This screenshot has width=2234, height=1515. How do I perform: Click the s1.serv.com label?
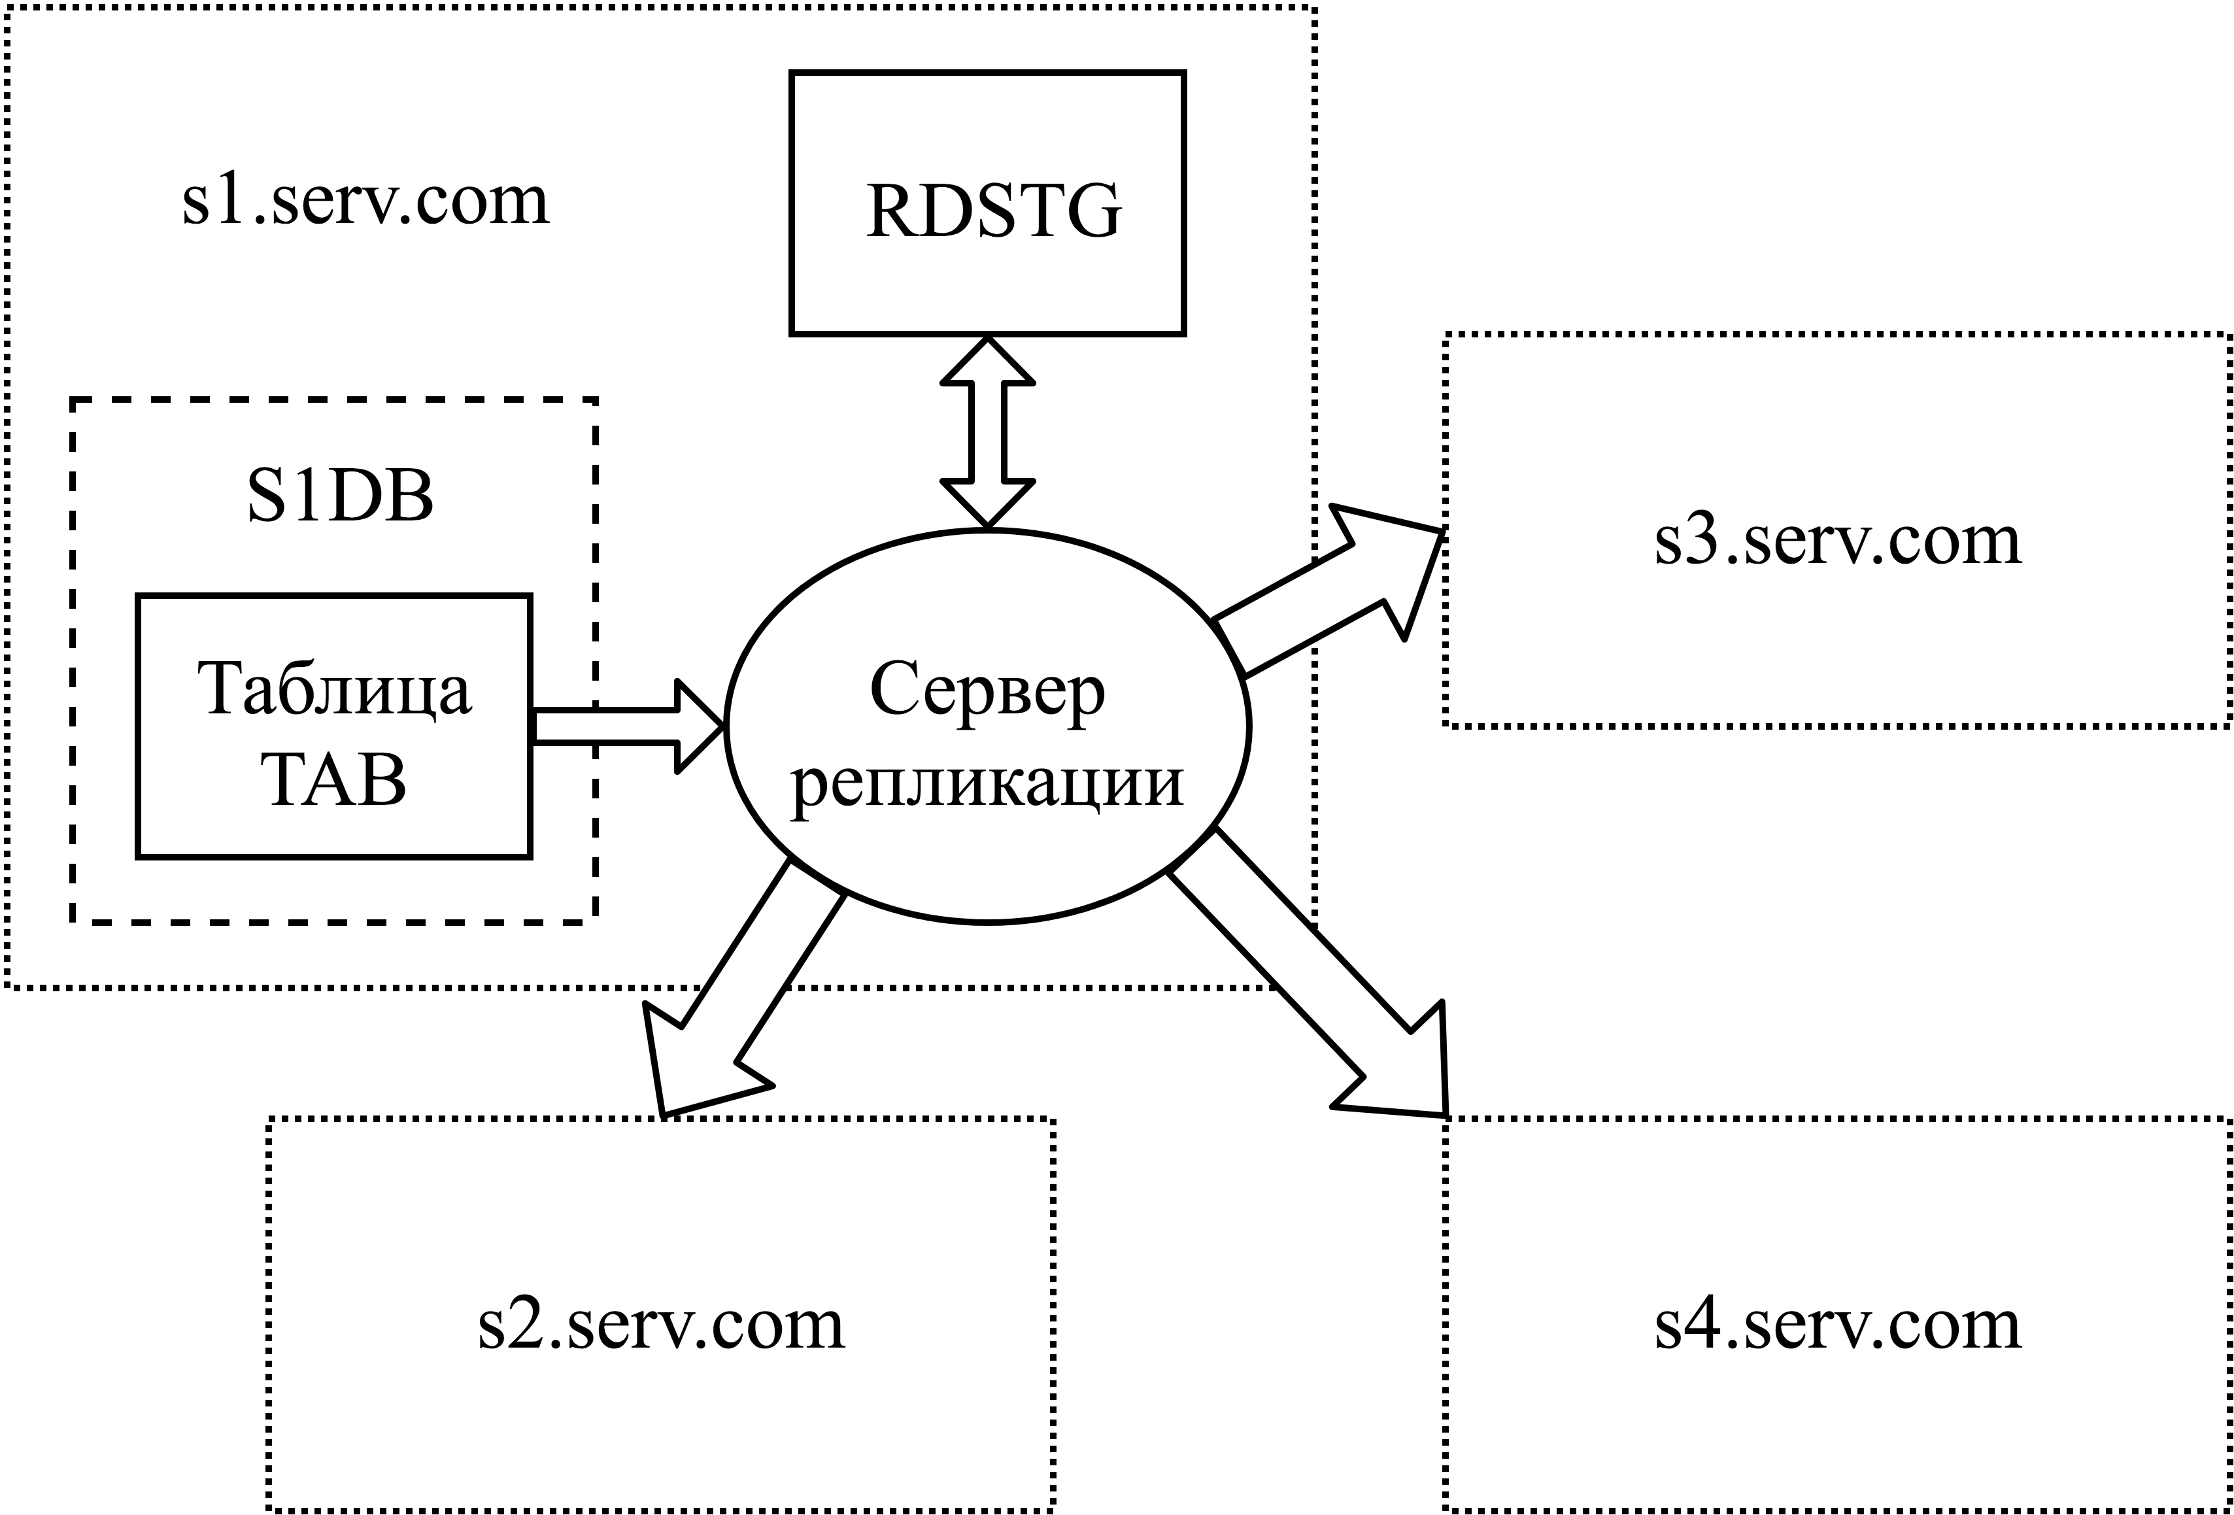tap(365, 202)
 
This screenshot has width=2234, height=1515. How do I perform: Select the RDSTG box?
tap(987, 203)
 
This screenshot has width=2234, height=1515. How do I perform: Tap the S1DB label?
tap(340, 497)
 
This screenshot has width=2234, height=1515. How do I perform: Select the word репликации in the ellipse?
tap(987, 783)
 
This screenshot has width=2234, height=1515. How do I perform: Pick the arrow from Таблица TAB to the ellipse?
tap(615, 726)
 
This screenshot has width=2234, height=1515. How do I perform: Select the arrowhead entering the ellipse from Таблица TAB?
tap(697, 726)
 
